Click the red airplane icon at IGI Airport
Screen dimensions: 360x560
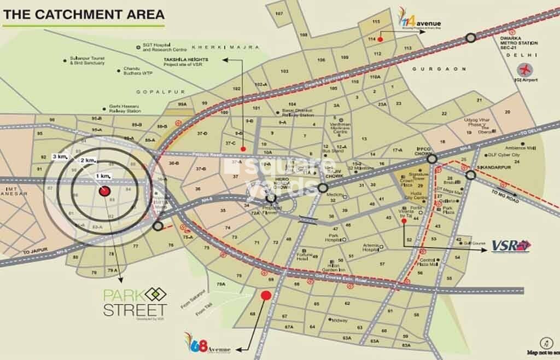click(x=527, y=70)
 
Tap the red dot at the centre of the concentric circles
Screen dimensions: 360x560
click(x=104, y=191)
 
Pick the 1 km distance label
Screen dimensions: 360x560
click(x=103, y=175)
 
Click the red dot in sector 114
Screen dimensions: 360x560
click(x=380, y=39)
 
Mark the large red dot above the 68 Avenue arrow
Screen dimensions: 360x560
click(x=266, y=295)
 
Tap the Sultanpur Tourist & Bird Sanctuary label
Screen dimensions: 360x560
click(x=91, y=60)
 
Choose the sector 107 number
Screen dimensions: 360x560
click(x=279, y=13)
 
